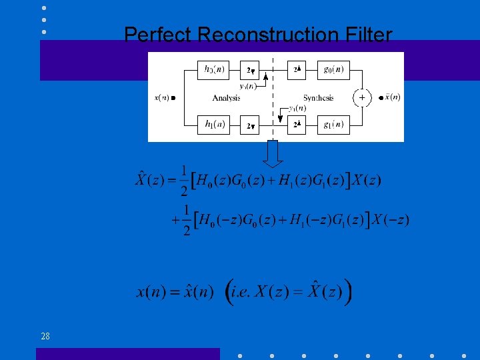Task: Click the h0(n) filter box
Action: coord(213,69)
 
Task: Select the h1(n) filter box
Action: coord(213,125)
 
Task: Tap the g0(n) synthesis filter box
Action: coord(333,69)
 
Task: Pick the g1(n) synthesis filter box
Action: coord(333,125)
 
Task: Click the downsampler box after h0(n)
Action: coord(251,69)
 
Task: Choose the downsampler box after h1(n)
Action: coord(251,125)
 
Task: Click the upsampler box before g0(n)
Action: coord(297,69)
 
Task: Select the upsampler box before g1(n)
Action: coord(297,125)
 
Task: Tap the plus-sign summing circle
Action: coord(362,97)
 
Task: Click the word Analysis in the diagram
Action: coord(226,98)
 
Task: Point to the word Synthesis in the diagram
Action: coord(318,98)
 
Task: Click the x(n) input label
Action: coord(162,97)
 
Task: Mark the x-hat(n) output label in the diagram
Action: coord(391,97)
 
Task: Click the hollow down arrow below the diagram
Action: coord(273,155)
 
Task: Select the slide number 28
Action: coord(45,336)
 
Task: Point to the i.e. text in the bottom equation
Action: coord(249,291)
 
